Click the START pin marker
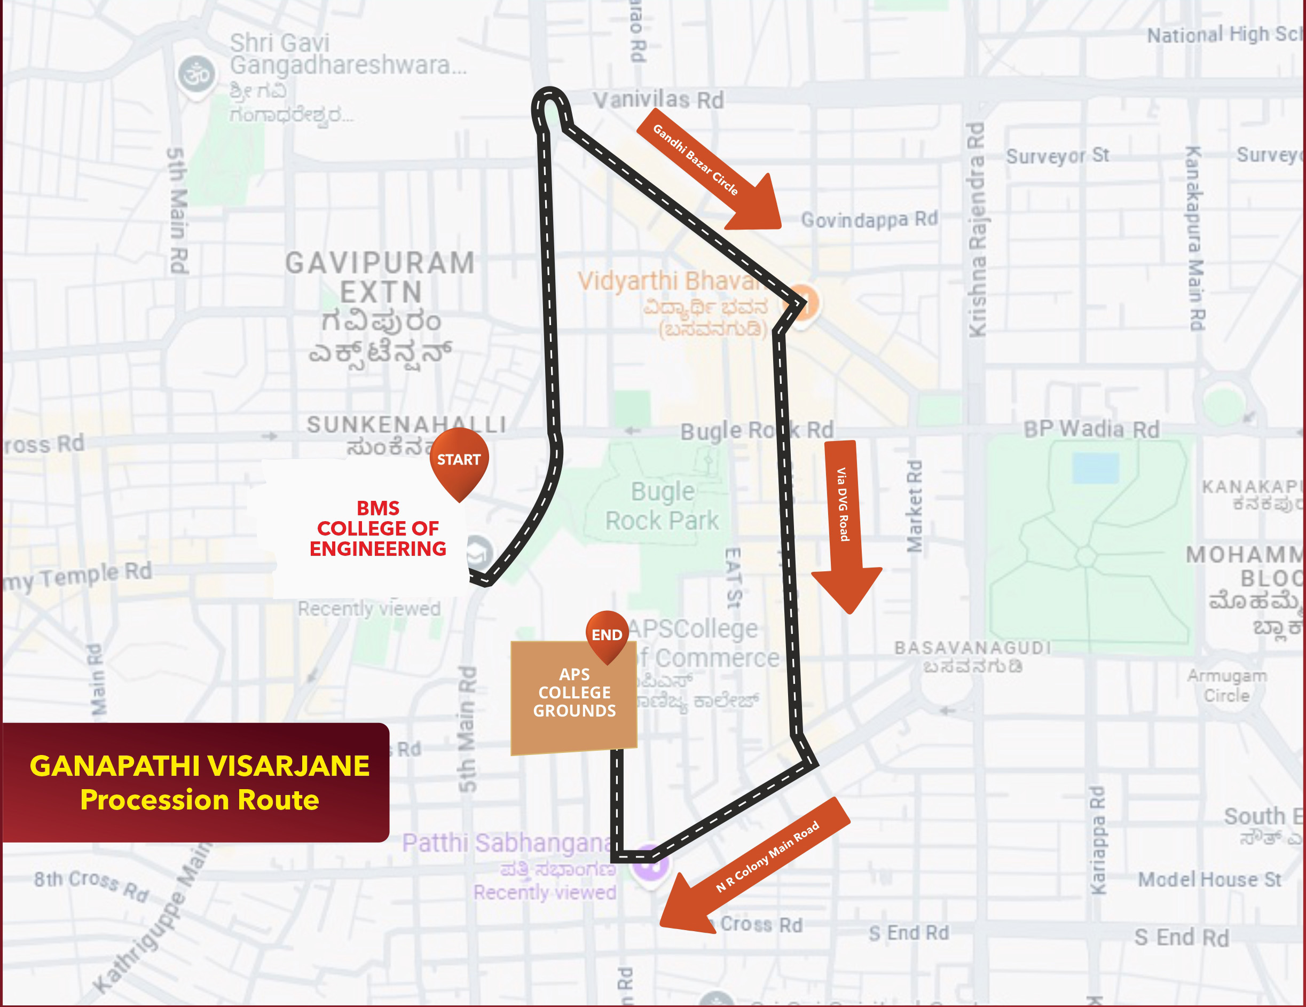[459, 461]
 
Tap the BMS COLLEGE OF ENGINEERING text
[377, 529]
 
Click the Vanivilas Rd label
[658, 100]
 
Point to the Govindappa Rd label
[869, 219]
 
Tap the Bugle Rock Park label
[662, 506]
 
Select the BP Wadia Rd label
[1091, 429]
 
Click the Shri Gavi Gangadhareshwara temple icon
[196, 75]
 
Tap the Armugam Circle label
[1226, 686]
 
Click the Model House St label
[1209, 879]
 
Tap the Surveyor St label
[1057, 156]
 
